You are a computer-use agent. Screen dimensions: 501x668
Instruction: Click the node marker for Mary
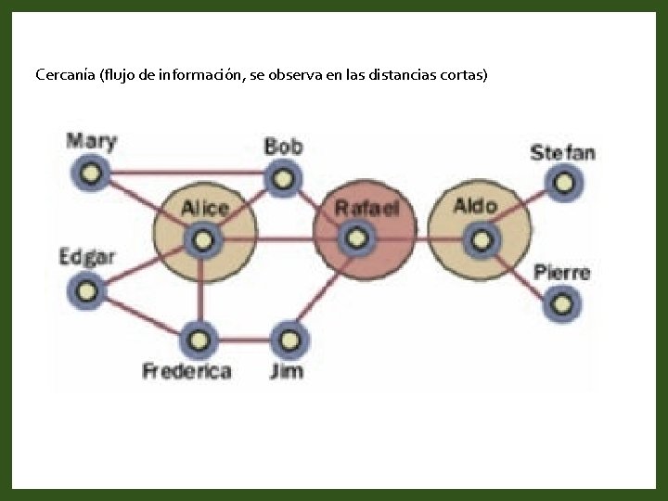pyautogui.click(x=91, y=173)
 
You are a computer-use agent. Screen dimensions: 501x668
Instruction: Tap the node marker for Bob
pyautogui.click(x=279, y=177)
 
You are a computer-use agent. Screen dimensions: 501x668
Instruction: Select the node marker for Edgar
pyautogui.click(x=85, y=290)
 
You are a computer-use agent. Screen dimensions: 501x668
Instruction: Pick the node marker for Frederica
pyautogui.click(x=198, y=340)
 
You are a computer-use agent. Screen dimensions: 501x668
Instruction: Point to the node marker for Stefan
pyautogui.click(x=562, y=182)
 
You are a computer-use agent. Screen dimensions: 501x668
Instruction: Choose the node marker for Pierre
pyautogui.click(x=560, y=303)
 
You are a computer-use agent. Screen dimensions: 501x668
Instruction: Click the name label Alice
pyautogui.click(x=204, y=208)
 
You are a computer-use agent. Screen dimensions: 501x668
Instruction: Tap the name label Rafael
pyautogui.click(x=366, y=208)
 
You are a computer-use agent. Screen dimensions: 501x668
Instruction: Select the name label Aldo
pyautogui.click(x=475, y=206)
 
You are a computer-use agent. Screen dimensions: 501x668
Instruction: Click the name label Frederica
pyautogui.click(x=186, y=372)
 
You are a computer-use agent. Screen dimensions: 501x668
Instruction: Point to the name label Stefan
pyautogui.click(x=562, y=152)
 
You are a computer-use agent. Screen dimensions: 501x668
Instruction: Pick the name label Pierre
pyautogui.click(x=561, y=273)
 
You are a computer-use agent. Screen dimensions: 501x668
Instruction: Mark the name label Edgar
pyautogui.click(x=86, y=257)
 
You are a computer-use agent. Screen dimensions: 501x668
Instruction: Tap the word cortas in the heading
pyautogui.click(x=462, y=74)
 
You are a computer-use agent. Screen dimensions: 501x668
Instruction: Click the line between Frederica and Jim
pyautogui.click(x=243, y=340)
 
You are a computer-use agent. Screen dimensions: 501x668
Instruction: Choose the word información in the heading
pyautogui.click(x=201, y=74)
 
